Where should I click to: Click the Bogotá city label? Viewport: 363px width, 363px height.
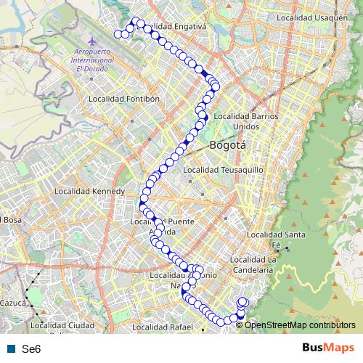(227, 145)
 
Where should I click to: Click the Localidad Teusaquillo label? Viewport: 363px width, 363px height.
(223, 170)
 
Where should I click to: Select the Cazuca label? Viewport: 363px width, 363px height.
(14, 302)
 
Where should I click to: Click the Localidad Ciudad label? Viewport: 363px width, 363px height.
(64, 325)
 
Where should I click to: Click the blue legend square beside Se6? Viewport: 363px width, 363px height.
(9, 349)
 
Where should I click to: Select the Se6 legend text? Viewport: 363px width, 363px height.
(31, 349)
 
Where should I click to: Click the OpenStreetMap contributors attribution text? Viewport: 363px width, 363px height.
(300, 325)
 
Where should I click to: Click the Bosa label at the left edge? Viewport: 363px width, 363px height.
(9, 220)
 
